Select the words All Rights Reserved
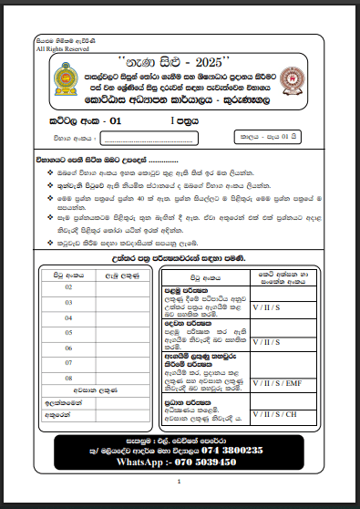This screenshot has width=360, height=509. coord(57,49)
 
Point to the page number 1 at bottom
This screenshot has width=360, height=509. coord(180,481)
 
